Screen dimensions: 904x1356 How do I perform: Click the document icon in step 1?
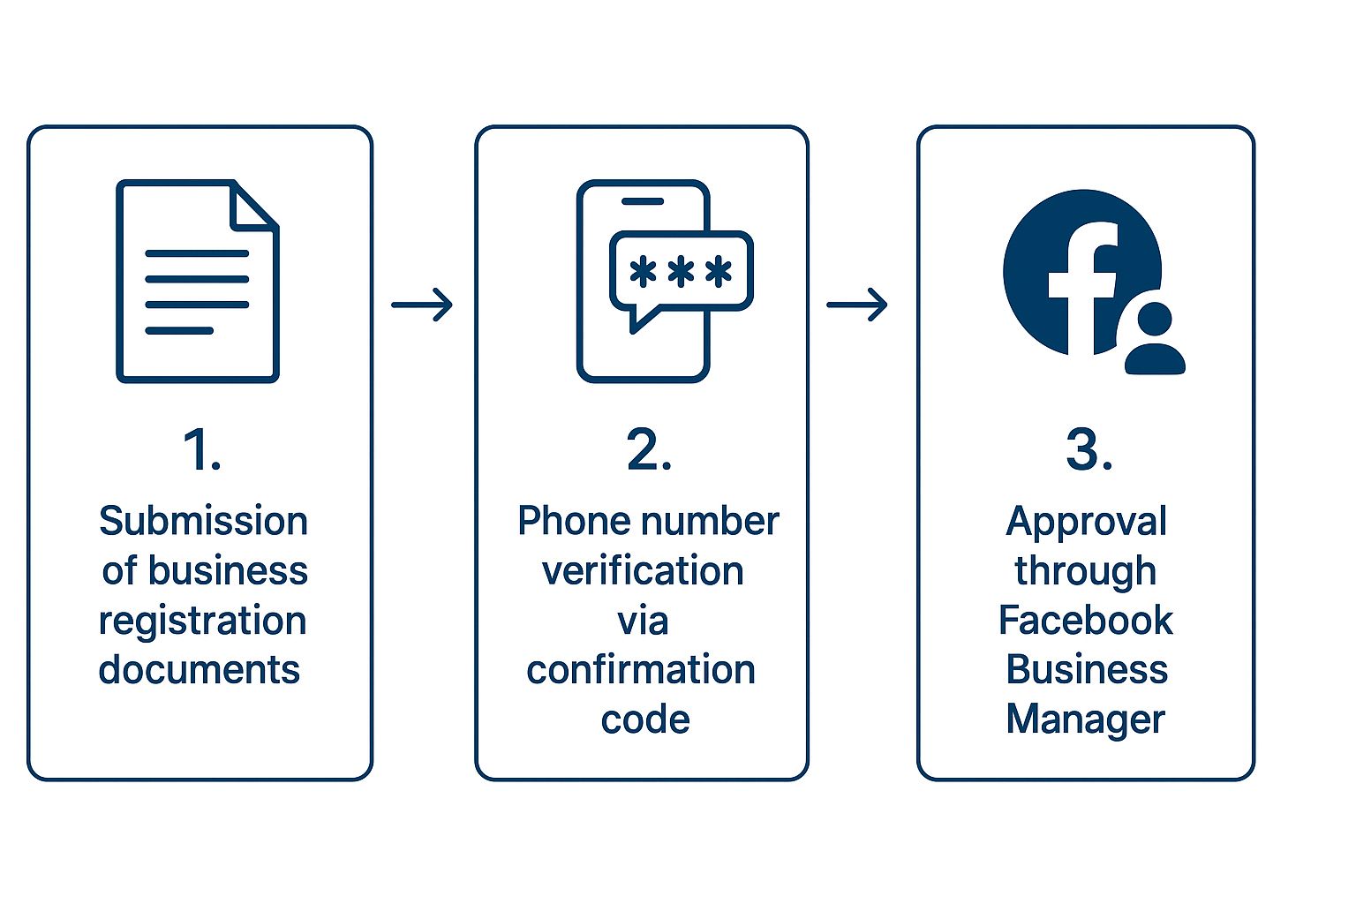(197, 281)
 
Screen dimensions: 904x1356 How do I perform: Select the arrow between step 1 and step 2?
(422, 305)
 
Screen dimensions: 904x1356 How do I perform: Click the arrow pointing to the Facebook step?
(857, 305)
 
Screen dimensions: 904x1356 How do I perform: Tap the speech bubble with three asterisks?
(681, 272)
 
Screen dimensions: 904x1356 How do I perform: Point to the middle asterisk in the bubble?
(681, 272)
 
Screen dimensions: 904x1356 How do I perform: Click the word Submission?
(203, 521)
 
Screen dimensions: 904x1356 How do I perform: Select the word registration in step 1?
(202, 621)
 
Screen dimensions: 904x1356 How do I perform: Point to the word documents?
(200, 670)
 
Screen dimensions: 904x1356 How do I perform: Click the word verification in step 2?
(643, 571)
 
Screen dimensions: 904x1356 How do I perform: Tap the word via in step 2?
(643, 621)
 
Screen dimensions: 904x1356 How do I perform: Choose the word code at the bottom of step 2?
(645, 719)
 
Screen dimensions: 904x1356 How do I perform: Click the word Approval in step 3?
(1086, 523)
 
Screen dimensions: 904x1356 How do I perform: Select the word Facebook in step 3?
(1085, 621)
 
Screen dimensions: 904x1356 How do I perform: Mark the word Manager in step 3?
(1085, 719)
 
